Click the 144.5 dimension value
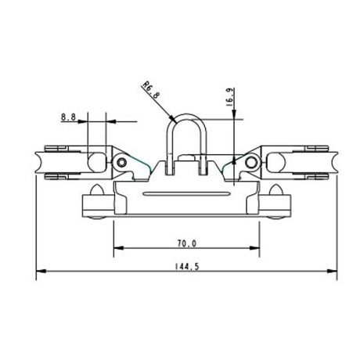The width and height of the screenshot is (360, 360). (x=188, y=267)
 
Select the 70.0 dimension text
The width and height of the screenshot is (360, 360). (x=187, y=243)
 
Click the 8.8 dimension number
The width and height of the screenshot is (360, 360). (x=68, y=118)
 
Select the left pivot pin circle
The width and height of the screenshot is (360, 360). (x=121, y=162)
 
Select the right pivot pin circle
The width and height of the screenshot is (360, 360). (x=251, y=162)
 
